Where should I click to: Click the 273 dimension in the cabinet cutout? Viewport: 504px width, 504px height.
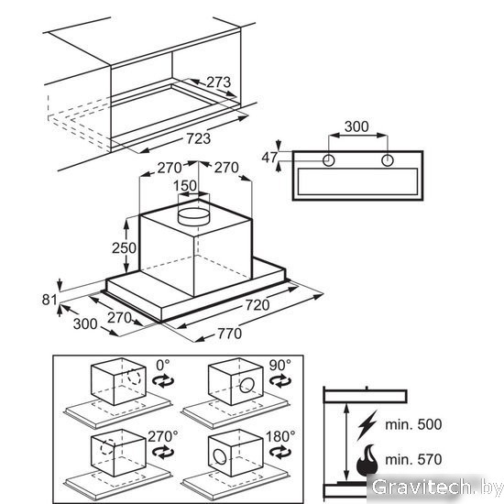pyautogui.click(x=219, y=82)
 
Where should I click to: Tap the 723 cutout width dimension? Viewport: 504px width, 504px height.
pyautogui.click(x=199, y=138)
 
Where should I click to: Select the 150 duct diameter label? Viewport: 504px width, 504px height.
pyautogui.click(x=185, y=185)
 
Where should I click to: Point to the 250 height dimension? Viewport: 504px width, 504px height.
pyautogui.click(x=124, y=247)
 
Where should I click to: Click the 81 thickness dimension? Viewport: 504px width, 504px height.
pyautogui.click(x=49, y=300)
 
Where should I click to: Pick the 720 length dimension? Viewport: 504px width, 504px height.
pyautogui.click(x=257, y=305)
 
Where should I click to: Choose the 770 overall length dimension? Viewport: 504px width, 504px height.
pyautogui.click(x=229, y=334)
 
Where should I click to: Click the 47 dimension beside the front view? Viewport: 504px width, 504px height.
pyautogui.click(x=269, y=158)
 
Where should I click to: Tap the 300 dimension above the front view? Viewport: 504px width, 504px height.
pyautogui.click(x=356, y=126)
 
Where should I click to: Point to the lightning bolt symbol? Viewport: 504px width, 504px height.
pyautogui.click(x=367, y=425)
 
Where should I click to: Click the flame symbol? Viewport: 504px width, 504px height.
pyautogui.click(x=367, y=460)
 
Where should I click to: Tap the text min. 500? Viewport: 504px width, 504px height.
pyautogui.click(x=413, y=424)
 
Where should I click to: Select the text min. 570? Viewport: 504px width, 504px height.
pyautogui.click(x=413, y=459)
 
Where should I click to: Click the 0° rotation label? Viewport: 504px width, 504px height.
pyautogui.click(x=162, y=365)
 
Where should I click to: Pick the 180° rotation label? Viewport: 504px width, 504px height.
pyautogui.click(x=280, y=436)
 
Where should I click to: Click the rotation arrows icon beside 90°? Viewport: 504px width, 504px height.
pyautogui.click(x=280, y=381)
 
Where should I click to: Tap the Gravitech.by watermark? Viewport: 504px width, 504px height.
pyautogui.click(x=436, y=488)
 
